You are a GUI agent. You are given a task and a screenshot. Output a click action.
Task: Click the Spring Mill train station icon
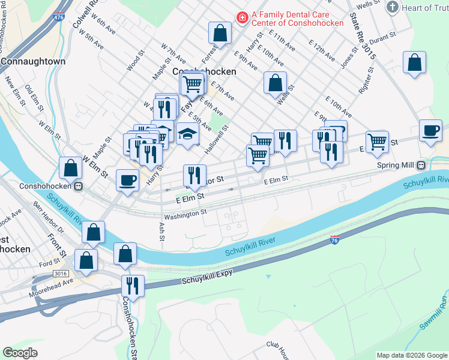(x=421, y=166)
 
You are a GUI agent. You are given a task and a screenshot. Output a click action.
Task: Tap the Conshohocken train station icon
(x=78, y=187)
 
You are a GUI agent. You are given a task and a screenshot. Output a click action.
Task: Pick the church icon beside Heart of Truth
(x=393, y=7)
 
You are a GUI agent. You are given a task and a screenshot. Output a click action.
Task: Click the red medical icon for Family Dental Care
(x=242, y=19)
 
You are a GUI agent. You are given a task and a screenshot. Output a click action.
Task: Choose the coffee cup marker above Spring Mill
(x=430, y=131)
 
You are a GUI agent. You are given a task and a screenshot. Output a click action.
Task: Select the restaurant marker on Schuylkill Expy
(x=133, y=287)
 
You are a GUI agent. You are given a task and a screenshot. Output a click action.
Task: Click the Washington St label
(x=185, y=212)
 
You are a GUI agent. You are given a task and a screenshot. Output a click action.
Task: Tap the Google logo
(x=20, y=353)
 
